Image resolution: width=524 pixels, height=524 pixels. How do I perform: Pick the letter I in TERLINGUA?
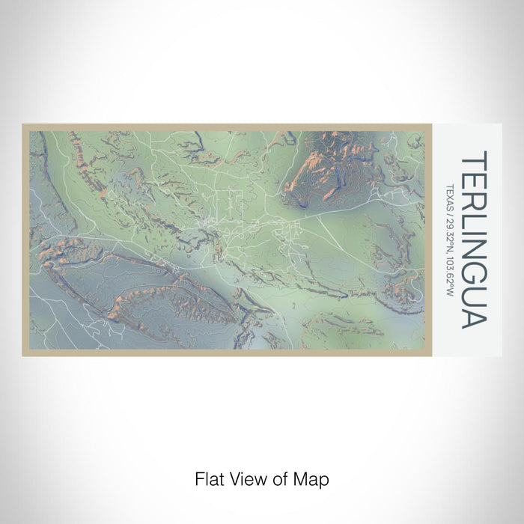(x=474, y=230)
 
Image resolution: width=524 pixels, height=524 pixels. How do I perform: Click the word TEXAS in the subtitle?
(x=449, y=197)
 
